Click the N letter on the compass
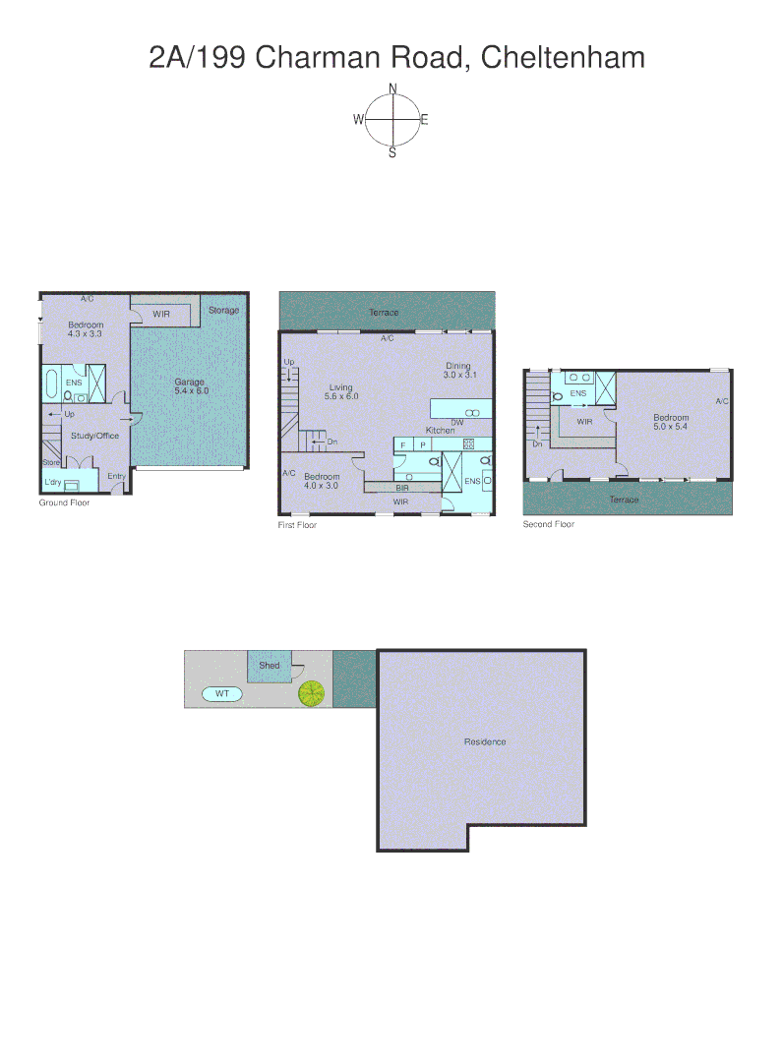pyautogui.click(x=392, y=88)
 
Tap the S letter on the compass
pyautogui.click(x=392, y=152)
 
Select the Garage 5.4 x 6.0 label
pyautogui.click(x=191, y=386)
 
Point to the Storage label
pyautogui.click(x=223, y=311)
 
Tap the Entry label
pyautogui.click(x=116, y=477)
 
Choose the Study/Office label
pyautogui.click(x=94, y=436)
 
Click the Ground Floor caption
pyautogui.click(x=65, y=502)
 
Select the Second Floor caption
pyautogui.click(x=548, y=524)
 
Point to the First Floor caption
pyautogui.click(x=297, y=525)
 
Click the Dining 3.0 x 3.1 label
pyautogui.click(x=458, y=370)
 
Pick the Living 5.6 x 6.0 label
pyautogui.click(x=340, y=391)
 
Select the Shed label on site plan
pyautogui.click(x=269, y=666)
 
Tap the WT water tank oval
pyautogui.click(x=222, y=693)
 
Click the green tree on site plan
pyautogui.click(x=312, y=693)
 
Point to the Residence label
pyautogui.click(x=485, y=741)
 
